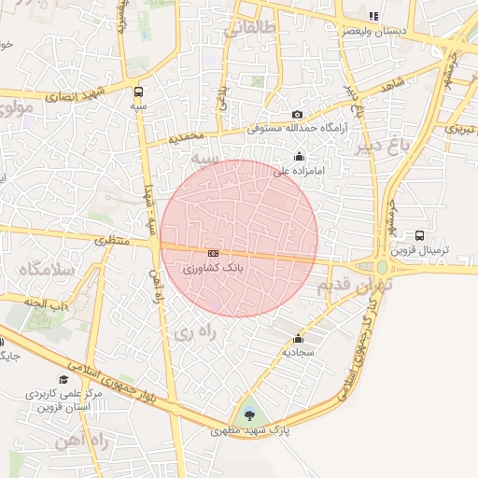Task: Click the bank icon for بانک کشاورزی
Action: pyautogui.click(x=214, y=253)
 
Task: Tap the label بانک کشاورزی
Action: pyautogui.click(x=214, y=268)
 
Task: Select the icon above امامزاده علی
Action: pyautogui.click(x=299, y=157)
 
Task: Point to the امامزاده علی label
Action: pyautogui.click(x=297, y=171)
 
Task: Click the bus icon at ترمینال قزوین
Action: pyautogui.click(x=419, y=236)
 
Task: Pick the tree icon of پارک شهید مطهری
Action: pyautogui.click(x=249, y=415)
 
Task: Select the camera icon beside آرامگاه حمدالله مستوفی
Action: pyautogui.click(x=298, y=114)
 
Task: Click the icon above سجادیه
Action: pyautogui.click(x=298, y=339)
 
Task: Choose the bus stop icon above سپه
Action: pyautogui.click(x=139, y=91)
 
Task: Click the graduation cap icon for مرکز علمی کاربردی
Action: pyautogui.click(x=63, y=379)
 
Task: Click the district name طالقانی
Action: pyautogui.click(x=250, y=29)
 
